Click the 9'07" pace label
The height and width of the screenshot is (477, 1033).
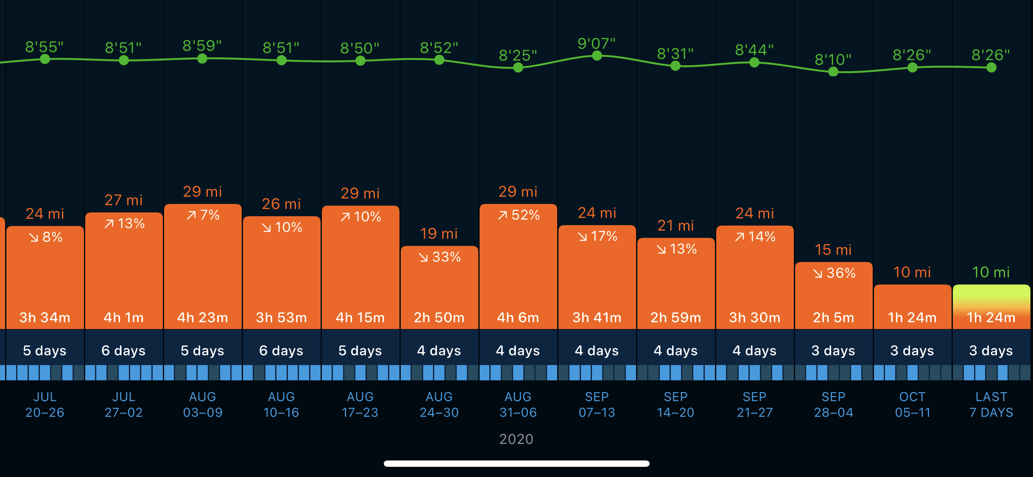coord(596,43)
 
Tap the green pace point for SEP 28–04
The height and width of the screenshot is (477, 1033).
coord(833,72)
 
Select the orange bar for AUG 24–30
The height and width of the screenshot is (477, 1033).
coord(439,288)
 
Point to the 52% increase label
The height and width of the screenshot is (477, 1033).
coord(518,215)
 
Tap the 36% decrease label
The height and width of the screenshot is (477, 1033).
coord(834,273)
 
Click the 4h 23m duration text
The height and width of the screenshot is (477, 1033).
coord(203,318)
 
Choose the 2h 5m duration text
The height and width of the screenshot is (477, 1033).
coord(833,318)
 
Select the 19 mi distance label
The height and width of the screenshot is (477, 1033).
coord(439,234)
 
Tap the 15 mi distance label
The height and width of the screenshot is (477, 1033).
coord(833,250)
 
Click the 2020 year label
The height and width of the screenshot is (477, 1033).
coord(516,439)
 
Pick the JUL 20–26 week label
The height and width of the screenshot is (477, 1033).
coord(45,404)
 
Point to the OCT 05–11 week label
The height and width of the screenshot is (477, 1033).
coord(912,404)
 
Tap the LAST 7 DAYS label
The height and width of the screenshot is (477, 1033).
coord(991,404)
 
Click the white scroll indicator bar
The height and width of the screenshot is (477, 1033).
coord(516,463)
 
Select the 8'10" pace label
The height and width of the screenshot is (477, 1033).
coord(833,59)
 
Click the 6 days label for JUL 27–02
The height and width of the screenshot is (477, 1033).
coord(123,351)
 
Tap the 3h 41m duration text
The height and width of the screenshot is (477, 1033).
coord(597,318)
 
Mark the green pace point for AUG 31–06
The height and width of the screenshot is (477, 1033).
coord(518,68)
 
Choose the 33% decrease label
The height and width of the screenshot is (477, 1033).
coord(440,257)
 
